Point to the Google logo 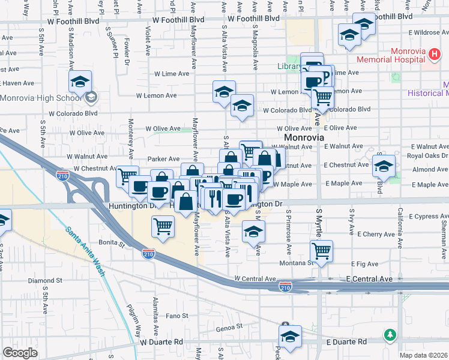[x=20, y=353]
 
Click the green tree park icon [x=391, y=334]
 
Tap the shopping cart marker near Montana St [x=322, y=251]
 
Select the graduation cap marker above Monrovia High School [x=80, y=82]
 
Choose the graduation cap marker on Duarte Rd [x=291, y=337]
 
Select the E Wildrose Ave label [x=421, y=32]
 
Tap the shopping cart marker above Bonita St [x=163, y=227]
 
